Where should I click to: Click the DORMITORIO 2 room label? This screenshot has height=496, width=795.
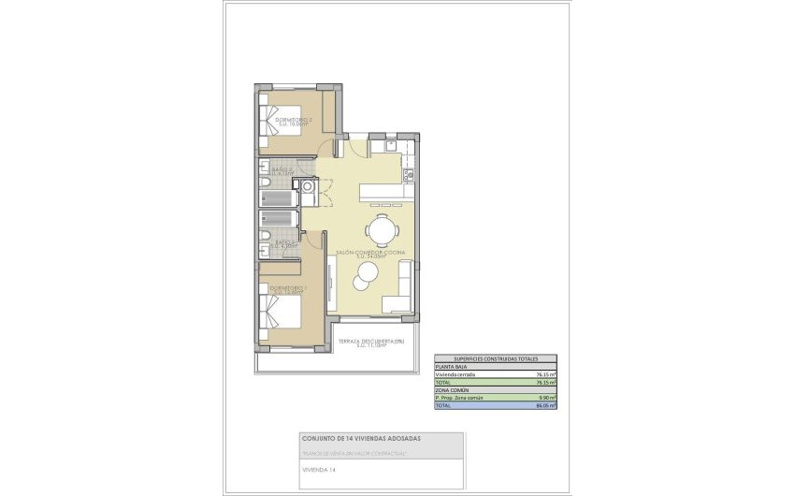pos(291,121)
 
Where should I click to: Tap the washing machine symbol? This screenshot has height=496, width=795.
pos(307,186)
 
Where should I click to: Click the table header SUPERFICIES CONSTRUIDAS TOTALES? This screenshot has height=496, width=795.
pos(495,359)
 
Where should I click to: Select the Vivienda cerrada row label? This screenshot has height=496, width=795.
pos(455,374)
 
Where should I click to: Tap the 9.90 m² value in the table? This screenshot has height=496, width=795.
pos(546,398)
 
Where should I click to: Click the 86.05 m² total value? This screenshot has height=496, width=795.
pos(545,406)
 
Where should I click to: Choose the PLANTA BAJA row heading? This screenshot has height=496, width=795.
pos(450,367)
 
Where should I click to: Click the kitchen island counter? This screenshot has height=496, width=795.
pos(383,192)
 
